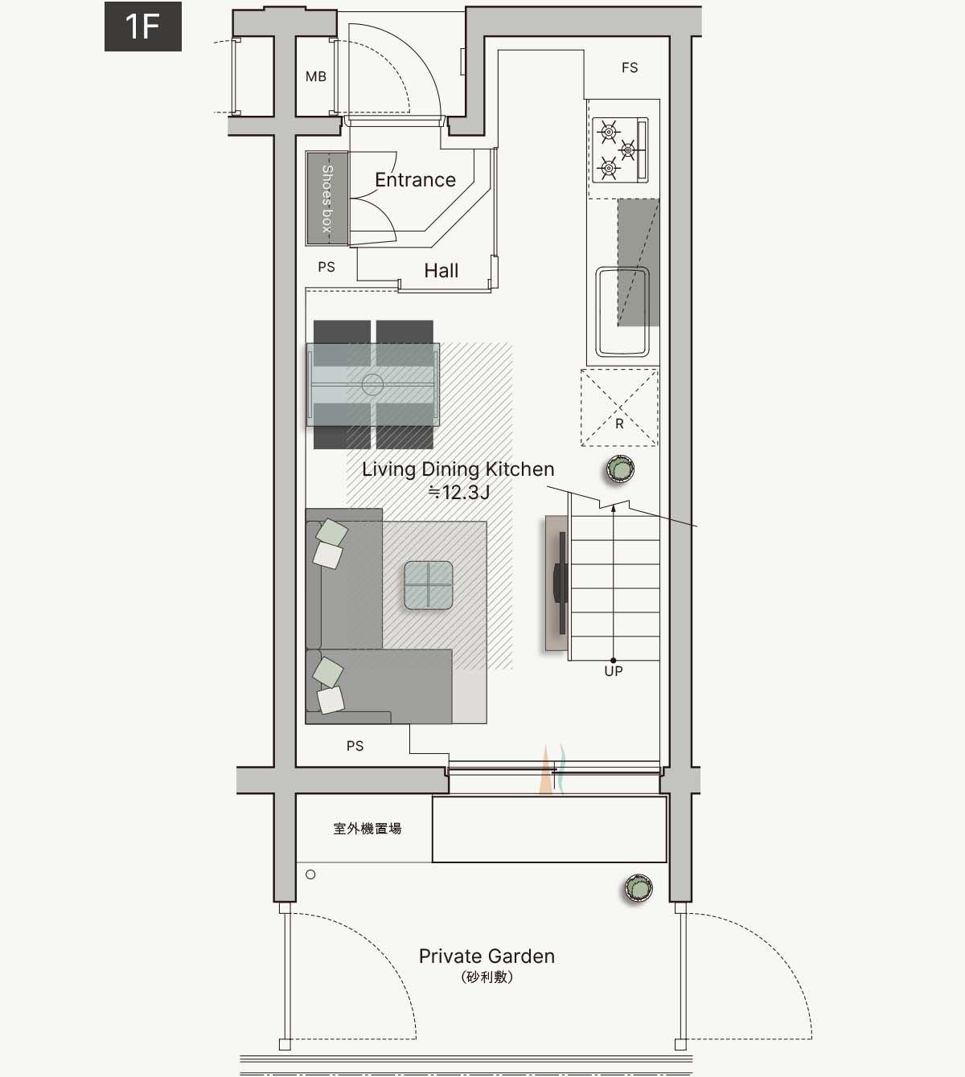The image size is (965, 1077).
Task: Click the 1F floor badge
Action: [142, 26]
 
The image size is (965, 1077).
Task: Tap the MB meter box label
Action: [316, 76]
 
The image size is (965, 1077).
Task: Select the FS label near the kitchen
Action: [630, 68]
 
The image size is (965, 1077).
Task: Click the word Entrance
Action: [415, 180]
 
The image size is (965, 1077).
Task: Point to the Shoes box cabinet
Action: [327, 199]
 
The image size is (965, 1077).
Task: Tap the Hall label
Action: [441, 271]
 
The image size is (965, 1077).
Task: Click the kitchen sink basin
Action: [622, 312]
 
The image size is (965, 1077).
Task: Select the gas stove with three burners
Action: [620, 150]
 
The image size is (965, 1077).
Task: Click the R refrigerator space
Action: [619, 407]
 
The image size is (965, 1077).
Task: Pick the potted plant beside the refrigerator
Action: [620, 469]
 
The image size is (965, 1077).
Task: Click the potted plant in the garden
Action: [639, 888]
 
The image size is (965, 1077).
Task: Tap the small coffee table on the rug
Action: [429, 585]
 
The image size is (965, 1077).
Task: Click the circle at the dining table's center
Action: [372, 384]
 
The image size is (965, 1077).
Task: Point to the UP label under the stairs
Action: [614, 671]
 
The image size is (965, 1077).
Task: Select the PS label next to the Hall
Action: [326, 267]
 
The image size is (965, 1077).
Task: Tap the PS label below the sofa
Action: [355, 747]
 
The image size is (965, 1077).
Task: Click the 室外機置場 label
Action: [367, 829]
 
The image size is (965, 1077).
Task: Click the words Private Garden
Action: [487, 956]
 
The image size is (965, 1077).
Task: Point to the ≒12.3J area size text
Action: [458, 492]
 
